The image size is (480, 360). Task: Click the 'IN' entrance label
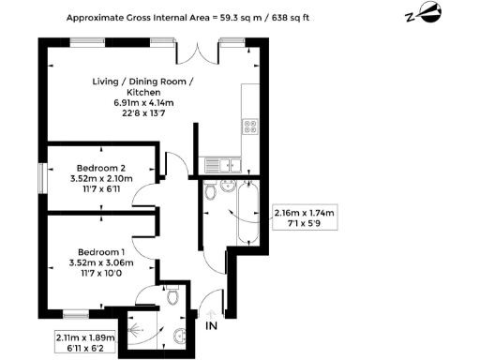[212, 325]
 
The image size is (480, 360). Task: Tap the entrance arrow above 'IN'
[212, 312]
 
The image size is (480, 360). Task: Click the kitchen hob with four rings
[251, 125]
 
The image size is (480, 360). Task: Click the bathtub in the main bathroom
[249, 214]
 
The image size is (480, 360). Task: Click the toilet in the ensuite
[175, 295]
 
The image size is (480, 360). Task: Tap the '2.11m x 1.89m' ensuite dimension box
[84, 342]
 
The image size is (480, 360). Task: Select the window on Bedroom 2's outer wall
[41, 176]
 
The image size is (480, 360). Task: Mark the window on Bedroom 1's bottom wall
[75, 312]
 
